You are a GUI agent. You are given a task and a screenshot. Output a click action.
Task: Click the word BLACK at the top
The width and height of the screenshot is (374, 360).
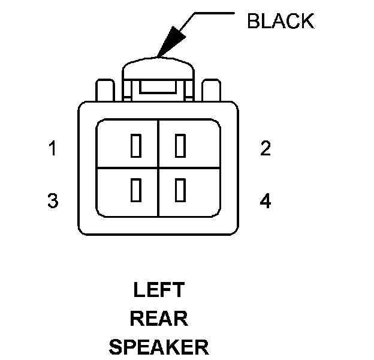point(280,21)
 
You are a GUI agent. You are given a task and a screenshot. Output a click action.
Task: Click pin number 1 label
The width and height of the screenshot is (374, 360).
point(53,148)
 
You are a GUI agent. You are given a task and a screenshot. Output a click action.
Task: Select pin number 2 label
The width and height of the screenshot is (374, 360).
point(266,148)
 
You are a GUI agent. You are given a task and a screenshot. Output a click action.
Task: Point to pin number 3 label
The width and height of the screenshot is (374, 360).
point(53,200)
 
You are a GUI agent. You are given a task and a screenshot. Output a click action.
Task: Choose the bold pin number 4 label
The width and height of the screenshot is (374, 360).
point(266,200)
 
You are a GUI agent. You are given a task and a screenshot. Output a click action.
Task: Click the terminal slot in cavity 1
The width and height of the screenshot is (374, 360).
point(135,146)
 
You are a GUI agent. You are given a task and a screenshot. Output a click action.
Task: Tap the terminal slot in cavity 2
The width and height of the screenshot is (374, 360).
point(179,146)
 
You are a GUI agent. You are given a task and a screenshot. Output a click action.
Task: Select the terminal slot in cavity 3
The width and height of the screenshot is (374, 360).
point(135,189)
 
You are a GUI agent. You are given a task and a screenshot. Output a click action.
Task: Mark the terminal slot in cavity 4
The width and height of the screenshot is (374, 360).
point(179,189)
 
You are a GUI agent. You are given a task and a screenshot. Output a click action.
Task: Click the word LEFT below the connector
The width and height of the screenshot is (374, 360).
point(158,290)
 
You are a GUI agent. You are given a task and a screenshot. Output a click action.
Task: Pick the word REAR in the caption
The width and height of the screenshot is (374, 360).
point(158,318)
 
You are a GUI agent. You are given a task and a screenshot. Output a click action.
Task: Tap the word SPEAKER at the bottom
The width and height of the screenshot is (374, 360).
point(158,346)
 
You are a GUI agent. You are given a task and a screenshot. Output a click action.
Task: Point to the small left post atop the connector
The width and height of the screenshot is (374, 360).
point(105,90)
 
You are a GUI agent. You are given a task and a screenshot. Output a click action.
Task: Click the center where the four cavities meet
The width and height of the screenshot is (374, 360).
point(158,167)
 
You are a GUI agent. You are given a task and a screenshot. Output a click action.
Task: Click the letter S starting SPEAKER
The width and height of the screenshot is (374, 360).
point(116,346)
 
